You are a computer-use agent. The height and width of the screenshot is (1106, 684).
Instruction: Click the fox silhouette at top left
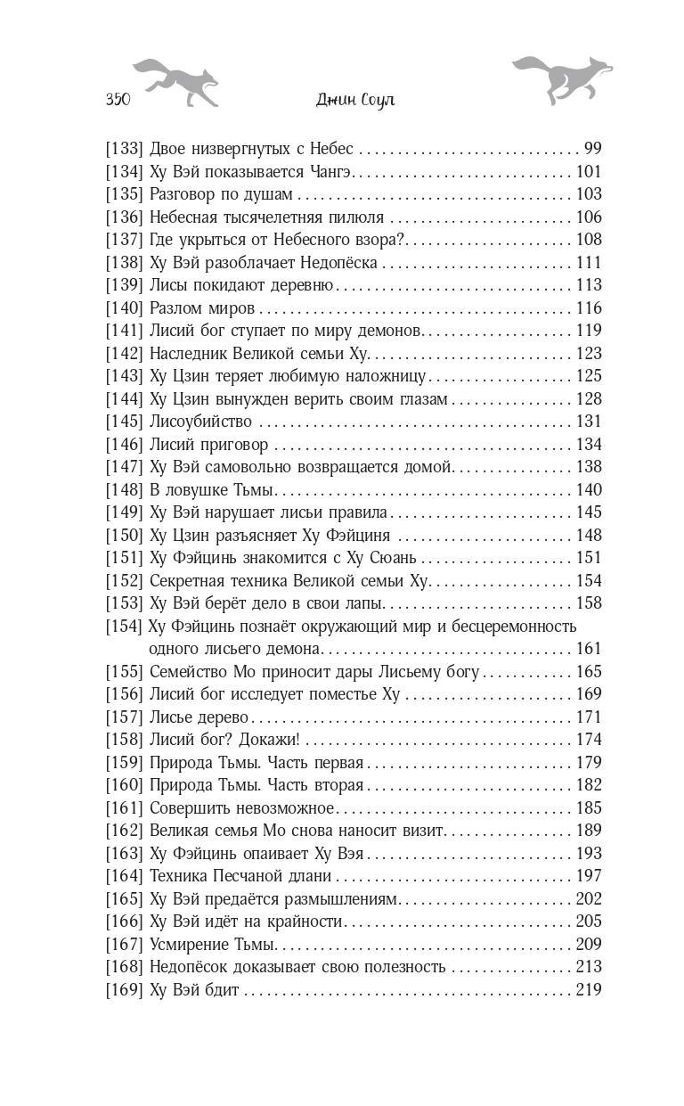[x=175, y=80]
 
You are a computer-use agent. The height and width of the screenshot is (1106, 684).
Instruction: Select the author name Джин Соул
[x=355, y=100]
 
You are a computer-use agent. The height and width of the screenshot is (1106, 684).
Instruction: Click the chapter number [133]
[x=124, y=149]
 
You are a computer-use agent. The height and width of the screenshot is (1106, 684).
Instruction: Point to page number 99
[x=592, y=149]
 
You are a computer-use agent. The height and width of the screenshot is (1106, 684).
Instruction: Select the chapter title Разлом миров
[x=203, y=308]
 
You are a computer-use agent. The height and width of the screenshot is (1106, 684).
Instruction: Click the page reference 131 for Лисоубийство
[x=589, y=422]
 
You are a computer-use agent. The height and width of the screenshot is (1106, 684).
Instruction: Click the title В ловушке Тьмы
[x=214, y=490]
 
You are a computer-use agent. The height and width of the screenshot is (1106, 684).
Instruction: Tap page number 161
[x=589, y=649]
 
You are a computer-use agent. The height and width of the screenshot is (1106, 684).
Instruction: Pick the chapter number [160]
[x=124, y=785]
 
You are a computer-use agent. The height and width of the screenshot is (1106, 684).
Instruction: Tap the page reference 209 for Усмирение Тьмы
[x=589, y=944]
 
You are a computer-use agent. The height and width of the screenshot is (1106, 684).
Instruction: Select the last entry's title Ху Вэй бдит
[x=195, y=989]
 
